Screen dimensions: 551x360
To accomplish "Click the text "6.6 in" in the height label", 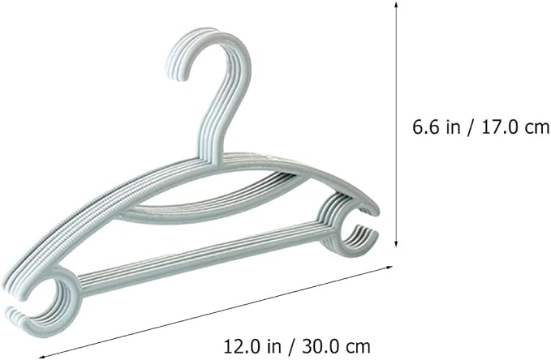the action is coord(436,126).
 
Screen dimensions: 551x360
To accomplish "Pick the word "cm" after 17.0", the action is coord(537,129).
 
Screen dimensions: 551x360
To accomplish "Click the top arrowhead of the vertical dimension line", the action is coord(396,5).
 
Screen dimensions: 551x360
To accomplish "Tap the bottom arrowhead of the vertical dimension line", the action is coord(396,243).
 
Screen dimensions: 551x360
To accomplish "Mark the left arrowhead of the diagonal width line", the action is coord(42,356).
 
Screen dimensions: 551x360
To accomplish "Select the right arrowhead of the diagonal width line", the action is coord(389,268).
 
